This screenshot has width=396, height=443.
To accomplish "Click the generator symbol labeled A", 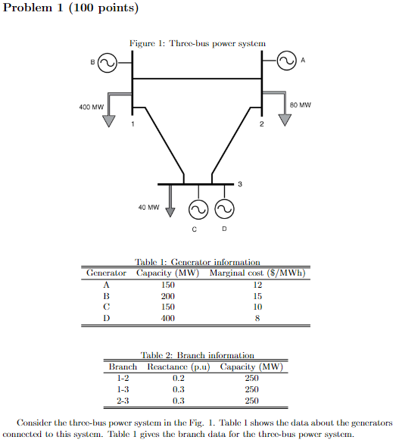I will point(287,61).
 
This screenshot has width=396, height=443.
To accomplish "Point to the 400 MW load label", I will point(91,107).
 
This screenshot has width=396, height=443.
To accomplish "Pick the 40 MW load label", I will point(148,206).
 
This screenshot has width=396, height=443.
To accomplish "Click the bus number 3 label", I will point(240,184).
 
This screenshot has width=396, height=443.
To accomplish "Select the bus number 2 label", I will point(261,123).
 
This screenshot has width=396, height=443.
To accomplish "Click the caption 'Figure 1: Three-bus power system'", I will point(198,44).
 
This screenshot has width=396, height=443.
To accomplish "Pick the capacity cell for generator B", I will point(168,296).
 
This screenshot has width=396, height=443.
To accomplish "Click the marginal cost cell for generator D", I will point(257,319).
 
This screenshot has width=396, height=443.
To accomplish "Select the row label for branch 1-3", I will point(122,389).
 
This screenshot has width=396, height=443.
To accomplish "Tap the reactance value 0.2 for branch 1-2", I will point(179,378).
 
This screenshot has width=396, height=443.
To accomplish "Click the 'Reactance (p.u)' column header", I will point(178,367).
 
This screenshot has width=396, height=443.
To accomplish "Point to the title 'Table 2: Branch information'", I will point(197,355).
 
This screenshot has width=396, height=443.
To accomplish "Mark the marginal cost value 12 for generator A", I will point(257,285).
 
